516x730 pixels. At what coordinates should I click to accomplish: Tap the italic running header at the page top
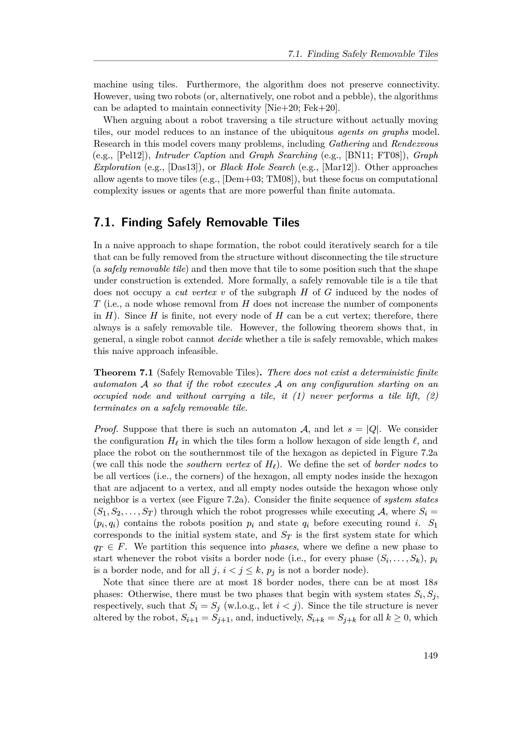[x=363, y=54]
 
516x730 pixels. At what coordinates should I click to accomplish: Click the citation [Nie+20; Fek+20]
[x=302, y=108]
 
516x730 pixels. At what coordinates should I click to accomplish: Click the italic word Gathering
[x=349, y=144]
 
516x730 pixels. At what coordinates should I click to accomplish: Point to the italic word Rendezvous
[x=414, y=144]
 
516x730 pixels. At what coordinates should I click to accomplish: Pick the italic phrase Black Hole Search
[x=258, y=167]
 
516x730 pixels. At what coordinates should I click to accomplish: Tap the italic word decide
[x=230, y=339]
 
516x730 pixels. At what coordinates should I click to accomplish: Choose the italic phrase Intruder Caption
[x=191, y=155]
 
